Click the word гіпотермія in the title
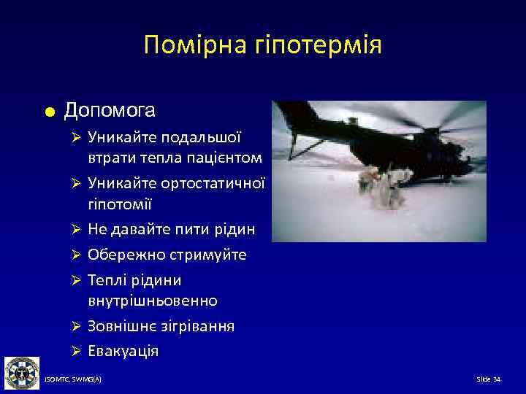click(315, 46)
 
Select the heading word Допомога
click(110, 111)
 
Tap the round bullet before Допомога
click(47, 112)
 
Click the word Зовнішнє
click(121, 325)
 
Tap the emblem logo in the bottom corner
click(22, 372)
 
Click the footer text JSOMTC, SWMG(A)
click(73, 380)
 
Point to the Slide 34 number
click(488, 380)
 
